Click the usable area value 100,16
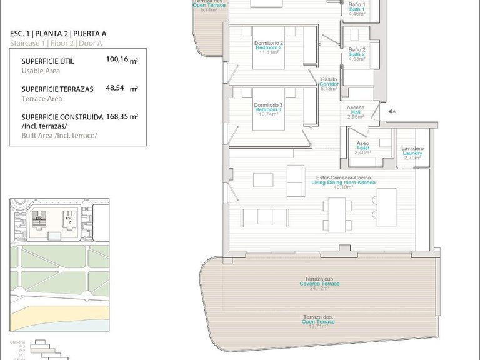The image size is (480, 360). tap(117, 59)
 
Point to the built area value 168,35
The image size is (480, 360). tap(117, 116)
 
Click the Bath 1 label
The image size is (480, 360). tap(357, 9)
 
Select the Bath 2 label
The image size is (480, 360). tap(357, 54)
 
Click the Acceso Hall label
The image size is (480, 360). tap(356, 112)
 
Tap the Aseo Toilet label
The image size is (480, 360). tap(362, 148)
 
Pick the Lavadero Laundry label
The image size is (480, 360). tap(412, 153)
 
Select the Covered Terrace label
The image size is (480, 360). tap(319, 284)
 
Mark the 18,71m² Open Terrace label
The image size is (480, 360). tap(318, 322)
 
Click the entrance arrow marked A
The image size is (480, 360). tap(390, 111)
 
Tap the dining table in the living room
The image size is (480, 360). tap(337, 214)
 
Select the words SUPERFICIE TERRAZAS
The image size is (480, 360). tap(57, 89)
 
